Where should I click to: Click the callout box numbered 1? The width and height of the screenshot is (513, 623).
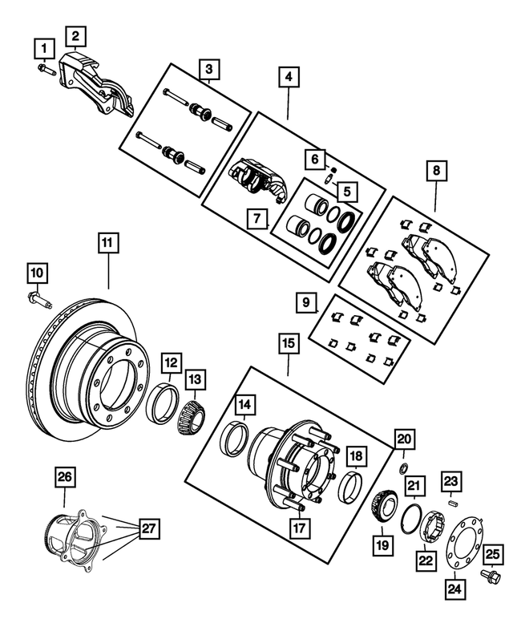coord(39,50)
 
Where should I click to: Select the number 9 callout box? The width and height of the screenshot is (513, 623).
coord(305,302)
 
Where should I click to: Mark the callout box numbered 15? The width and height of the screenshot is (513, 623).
coord(288,346)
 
